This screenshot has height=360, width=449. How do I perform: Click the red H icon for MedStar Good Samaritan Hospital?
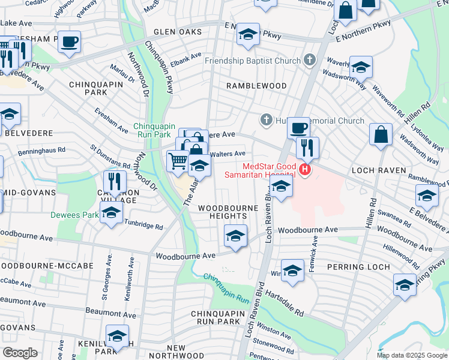[x=306, y=170]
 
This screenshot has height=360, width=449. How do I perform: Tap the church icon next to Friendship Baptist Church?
[x=309, y=61]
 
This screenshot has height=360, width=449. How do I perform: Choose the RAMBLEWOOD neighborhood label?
[x=256, y=86]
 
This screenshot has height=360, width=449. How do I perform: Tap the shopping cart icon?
[x=178, y=161]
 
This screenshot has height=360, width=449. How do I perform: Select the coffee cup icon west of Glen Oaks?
[x=69, y=41]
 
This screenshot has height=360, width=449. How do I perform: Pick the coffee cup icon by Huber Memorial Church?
[x=298, y=127]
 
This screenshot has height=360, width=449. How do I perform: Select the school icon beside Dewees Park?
[x=111, y=213]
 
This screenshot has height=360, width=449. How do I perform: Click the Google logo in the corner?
[x=19, y=353]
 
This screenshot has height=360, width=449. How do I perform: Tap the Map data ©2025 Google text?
[x=412, y=355]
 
